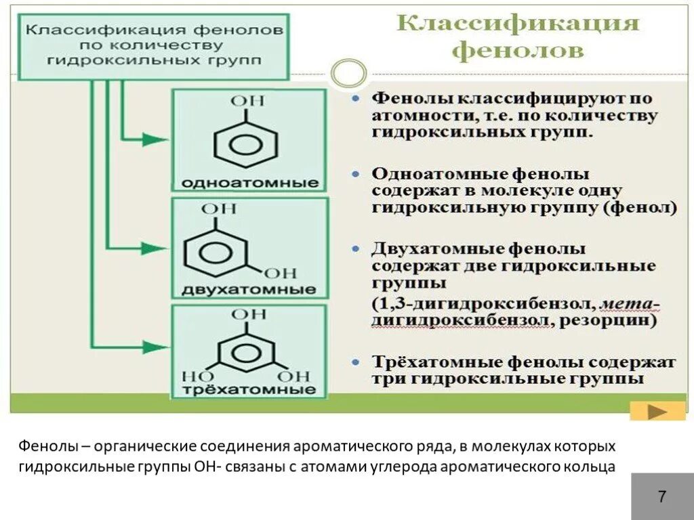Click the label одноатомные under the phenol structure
(249, 183)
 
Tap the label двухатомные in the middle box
(249, 290)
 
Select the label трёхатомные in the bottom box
(249, 390)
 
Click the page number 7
(661, 497)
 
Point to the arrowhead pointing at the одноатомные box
(158, 139)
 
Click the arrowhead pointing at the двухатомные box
(158, 248)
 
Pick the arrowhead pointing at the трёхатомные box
(158, 347)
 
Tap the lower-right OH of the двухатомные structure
(281, 274)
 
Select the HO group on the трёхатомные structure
(195, 375)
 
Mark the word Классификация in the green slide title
(518, 24)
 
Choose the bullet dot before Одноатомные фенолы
(356, 174)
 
